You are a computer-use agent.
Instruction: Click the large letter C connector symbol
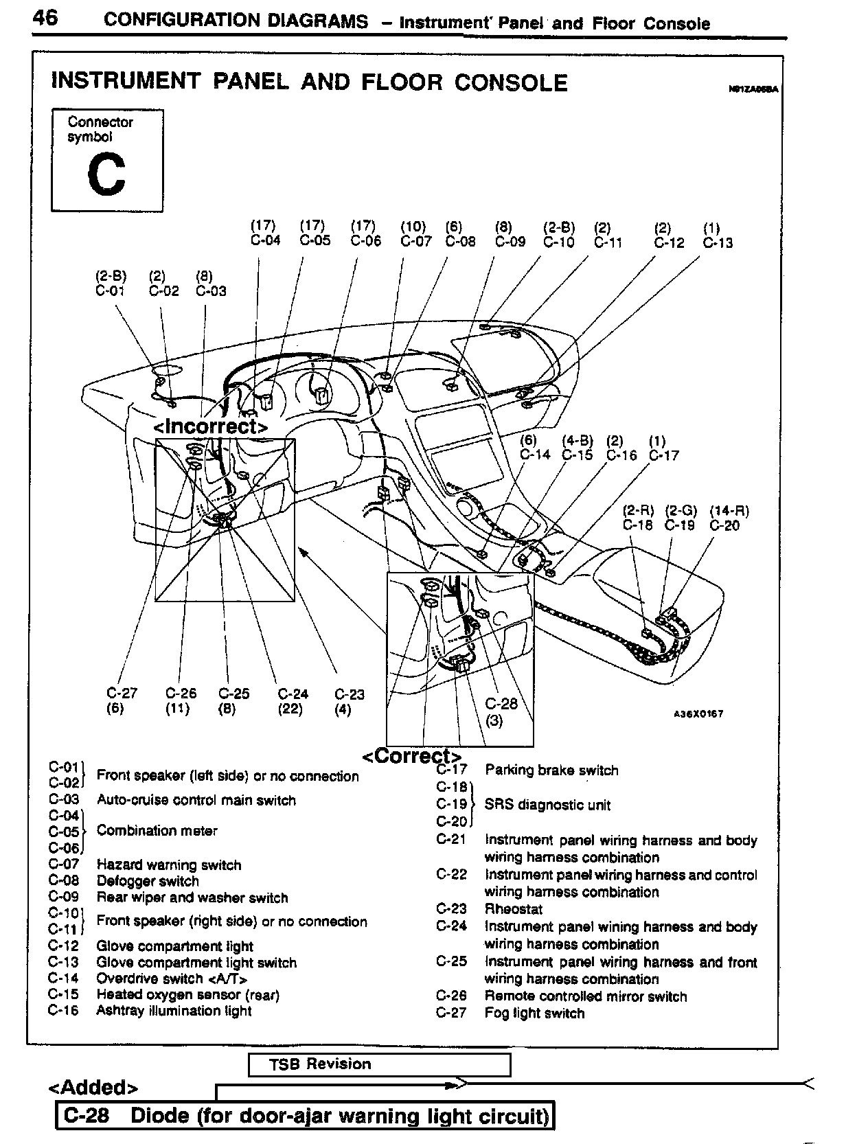(x=106, y=174)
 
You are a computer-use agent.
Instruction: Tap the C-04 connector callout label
(x=265, y=241)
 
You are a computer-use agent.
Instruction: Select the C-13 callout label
(x=718, y=243)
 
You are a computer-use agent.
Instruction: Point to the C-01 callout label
(x=111, y=291)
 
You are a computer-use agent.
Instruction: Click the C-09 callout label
(x=510, y=242)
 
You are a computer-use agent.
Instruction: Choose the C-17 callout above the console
(x=663, y=455)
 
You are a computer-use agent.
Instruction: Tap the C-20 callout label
(x=724, y=526)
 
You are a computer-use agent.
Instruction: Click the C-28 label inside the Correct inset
(x=501, y=704)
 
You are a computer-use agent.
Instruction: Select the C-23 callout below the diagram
(x=350, y=695)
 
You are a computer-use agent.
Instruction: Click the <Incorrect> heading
(x=211, y=426)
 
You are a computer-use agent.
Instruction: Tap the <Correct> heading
(x=411, y=757)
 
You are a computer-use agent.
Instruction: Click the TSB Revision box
(x=379, y=1064)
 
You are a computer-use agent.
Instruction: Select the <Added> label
(x=93, y=1088)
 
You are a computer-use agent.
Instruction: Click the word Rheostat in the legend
(x=514, y=909)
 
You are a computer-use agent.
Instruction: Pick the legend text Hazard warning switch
(x=169, y=865)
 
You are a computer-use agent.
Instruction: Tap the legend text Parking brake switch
(x=551, y=770)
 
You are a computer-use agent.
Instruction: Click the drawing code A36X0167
(x=698, y=714)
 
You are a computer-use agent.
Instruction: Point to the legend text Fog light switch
(x=534, y=1014)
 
